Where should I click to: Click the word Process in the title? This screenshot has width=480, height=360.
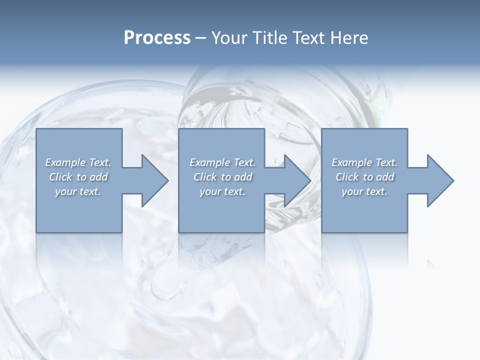[x=157, y=38]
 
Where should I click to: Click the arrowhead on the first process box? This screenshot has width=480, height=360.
[x=153, y=180]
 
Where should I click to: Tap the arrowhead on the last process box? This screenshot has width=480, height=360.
[x=439, y=180]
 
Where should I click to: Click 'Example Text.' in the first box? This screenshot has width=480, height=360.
[x=78, y=162]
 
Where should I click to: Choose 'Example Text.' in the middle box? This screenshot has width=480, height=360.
[x=222, y=162]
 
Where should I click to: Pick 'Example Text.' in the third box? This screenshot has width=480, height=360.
[x=364, y=162]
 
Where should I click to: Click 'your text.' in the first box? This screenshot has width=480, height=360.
[x=78, y=191]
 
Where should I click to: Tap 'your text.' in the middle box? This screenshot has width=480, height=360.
[x=222, y=191]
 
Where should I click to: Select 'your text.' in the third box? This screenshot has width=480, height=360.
[x=364, y=191]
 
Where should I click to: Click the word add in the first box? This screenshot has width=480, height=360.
[x=99, y=177]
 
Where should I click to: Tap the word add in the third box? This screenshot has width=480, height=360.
[x=385, y=177]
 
